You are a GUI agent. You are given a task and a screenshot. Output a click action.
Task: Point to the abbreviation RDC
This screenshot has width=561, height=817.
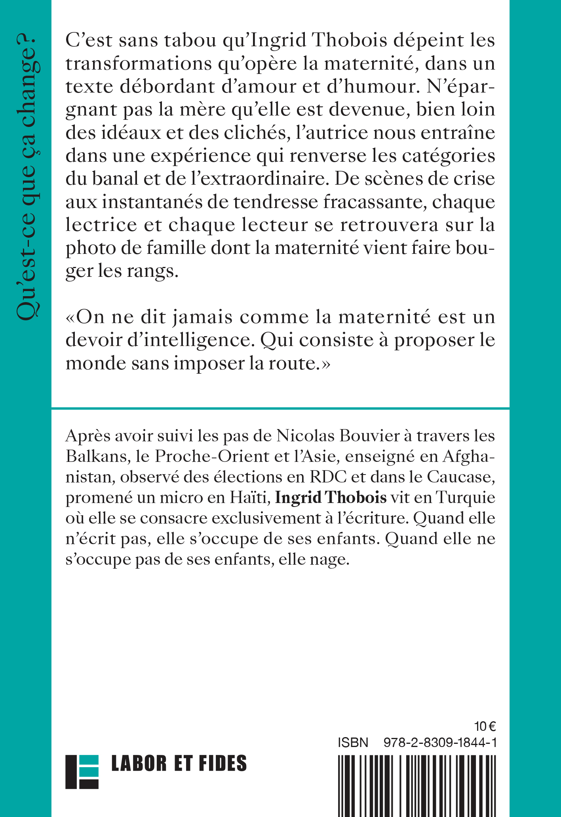tap(328, 477)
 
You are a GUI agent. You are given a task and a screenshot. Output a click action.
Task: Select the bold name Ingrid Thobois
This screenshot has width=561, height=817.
tap(331, 497)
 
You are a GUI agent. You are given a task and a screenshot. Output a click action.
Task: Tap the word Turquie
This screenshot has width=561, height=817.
tap(466, 497)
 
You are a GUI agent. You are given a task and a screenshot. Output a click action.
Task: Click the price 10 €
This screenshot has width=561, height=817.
tap(485, 726)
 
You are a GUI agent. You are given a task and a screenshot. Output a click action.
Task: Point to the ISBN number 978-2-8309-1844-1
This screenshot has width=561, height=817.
tap(440, 743)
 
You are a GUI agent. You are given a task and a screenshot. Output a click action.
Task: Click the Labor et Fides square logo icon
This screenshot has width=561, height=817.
tap(82, 772)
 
